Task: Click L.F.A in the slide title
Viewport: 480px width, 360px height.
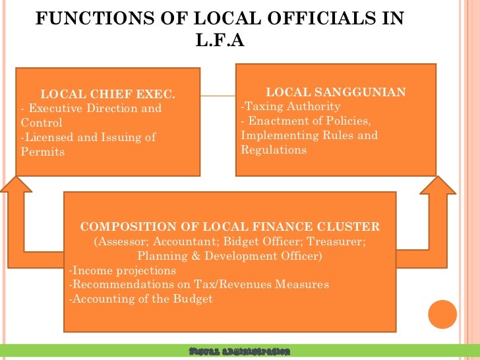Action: [x=220, y=41]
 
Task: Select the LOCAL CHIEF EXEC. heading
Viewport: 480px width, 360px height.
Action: [x=108, y=94]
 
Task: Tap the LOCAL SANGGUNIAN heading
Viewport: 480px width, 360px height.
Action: [x=335, y=92]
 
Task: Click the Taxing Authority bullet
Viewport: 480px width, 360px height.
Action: [x=291, y=106]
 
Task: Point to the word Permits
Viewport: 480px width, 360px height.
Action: [x=44, y=152]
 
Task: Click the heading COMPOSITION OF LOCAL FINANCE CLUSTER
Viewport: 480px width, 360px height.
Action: [x=229, y=227]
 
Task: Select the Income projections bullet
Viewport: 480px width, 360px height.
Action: [x=123, y=270]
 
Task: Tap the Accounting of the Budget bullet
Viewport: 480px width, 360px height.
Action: [x=140, y=299]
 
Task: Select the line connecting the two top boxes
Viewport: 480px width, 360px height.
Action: [x=218, y=96]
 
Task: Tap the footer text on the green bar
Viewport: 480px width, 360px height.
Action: [x=239, y=351]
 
